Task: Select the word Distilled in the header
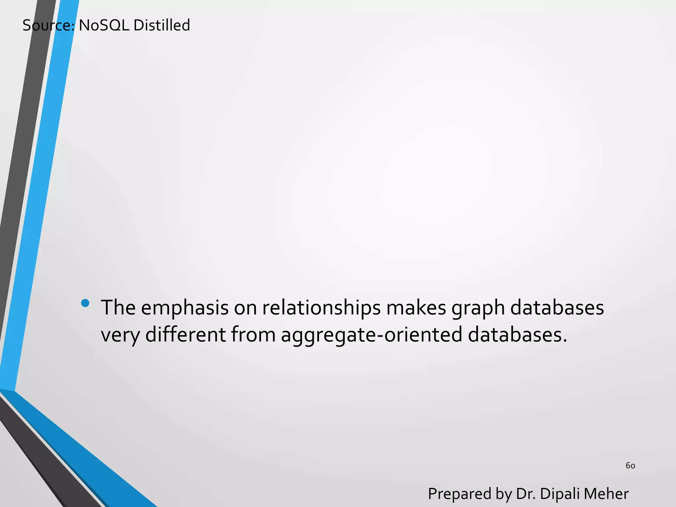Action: point(162,25)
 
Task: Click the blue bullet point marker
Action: point(85,303)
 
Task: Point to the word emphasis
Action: point(185,308)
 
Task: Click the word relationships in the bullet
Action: point(321,308)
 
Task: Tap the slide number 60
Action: point(630,466)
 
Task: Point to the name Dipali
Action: point(559,494)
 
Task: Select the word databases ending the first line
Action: point(557,308)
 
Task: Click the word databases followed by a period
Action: point(517,334)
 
